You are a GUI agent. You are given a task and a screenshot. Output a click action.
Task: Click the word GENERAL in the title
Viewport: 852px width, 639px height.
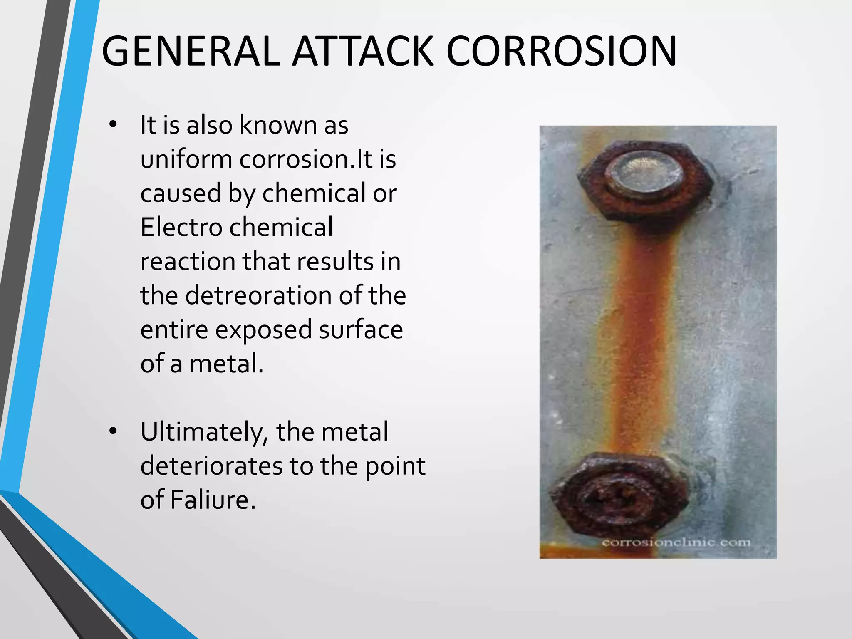pyautogui.click(x=191, y=52)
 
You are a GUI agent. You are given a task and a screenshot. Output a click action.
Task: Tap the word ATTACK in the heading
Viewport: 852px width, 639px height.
pyautogui.click(x=363, y=52)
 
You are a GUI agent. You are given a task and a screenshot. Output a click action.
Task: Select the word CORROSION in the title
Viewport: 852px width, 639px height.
pyautogui.click(x=562, y=52)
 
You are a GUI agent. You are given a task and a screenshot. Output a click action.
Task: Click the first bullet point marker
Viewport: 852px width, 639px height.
pyautogui.click(x=113, y=125)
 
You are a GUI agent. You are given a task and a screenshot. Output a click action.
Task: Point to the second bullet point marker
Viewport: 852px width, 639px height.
pyautogui.click(x=113, y=432)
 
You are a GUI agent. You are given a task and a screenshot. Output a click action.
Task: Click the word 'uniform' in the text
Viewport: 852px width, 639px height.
pyautogui.click(x=186, y=159)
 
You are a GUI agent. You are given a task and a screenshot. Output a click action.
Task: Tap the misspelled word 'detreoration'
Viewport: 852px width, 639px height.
pyautogui.click(x=258, y=296)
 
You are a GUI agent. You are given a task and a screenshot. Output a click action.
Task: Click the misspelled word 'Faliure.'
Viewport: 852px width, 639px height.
pyautogui.click(x=213, y=500)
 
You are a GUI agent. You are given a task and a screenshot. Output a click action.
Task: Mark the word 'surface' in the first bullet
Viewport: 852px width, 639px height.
pyautogui.click(x=361, y=330)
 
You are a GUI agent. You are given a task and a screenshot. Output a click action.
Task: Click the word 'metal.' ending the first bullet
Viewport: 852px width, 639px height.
pyautogui.click(x=227, y=364)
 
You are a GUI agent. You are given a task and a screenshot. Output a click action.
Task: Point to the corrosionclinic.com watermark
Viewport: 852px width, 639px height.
pyautogui.click(x=676, y=542)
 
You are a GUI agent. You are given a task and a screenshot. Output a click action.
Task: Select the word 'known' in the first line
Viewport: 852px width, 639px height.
pyautogui.click(x=278, y=125)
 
